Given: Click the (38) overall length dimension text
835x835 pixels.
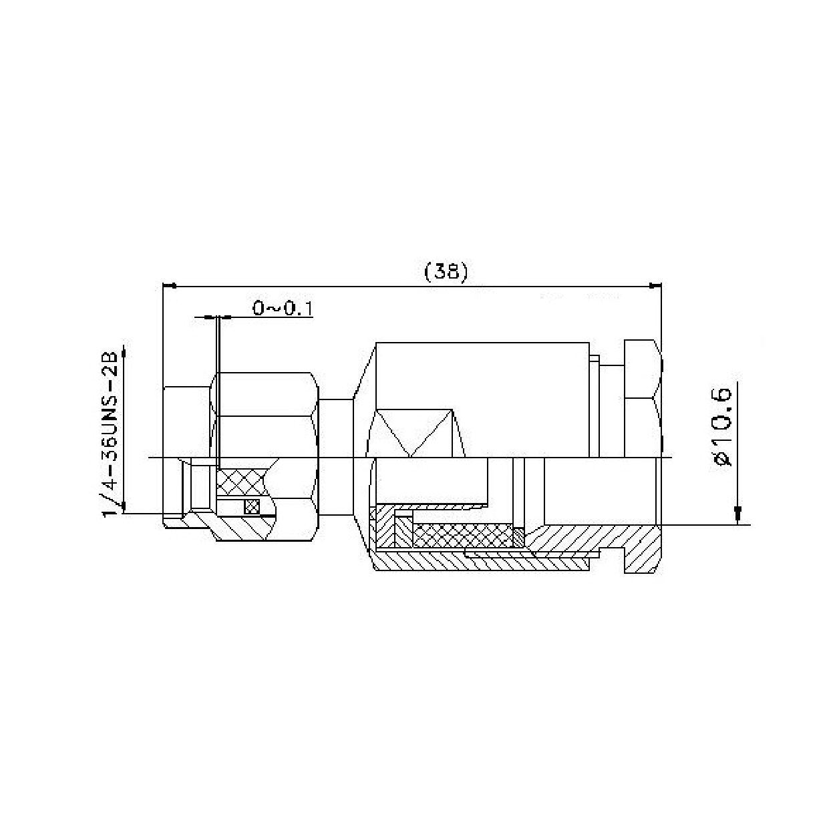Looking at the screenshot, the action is pos(446,272).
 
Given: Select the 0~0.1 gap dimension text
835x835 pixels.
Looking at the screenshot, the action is pos(283,309).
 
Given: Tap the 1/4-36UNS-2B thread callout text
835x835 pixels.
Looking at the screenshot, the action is pos(110,434).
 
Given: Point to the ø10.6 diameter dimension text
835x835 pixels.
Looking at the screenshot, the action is pos(722,427).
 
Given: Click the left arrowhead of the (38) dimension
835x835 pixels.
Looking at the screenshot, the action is pos(170,285).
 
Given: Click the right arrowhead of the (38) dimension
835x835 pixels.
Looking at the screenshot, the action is pos(655,285).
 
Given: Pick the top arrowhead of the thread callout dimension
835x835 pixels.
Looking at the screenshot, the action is pos(124,352).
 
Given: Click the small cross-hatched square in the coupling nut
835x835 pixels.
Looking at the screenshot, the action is pos(252,506).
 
